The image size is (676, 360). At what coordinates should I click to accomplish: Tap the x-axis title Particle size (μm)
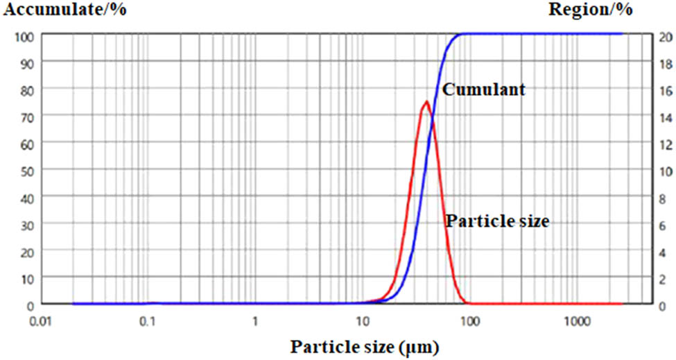coord(364,346)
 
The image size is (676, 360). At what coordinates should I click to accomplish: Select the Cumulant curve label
coord(483,89)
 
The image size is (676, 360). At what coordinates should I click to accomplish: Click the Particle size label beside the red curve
coord(497,222)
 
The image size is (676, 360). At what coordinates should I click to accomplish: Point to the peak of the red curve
coord(426,101)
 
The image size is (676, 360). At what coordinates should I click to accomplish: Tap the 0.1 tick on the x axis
coord(147,320)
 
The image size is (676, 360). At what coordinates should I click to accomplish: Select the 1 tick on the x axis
coord(255,320)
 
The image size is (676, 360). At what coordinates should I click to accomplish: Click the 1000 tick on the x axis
coord(577,320)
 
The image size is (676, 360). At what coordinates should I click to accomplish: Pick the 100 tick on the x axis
coord(470,320)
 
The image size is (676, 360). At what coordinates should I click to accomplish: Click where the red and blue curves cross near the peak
coord(433,123)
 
